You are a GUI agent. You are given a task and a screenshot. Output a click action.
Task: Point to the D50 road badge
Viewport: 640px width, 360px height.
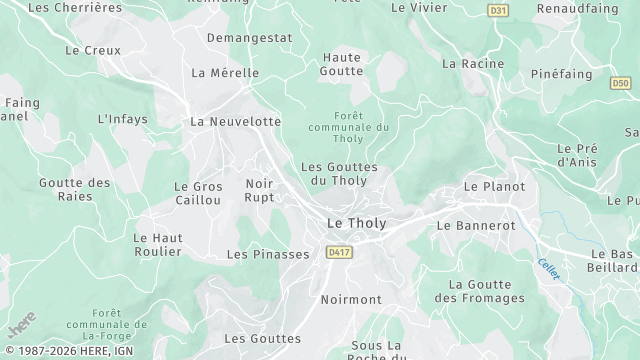click(x=619, y=83)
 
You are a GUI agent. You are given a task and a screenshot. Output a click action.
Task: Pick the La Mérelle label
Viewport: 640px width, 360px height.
click(x=224, y=73)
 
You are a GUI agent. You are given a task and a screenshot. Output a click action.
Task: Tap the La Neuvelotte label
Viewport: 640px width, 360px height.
click(x=236, y=121)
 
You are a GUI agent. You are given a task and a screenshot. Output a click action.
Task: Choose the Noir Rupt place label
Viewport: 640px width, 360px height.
click(x=259, y=190)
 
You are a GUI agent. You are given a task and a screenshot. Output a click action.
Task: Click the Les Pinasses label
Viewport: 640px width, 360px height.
click(x=268, y=255)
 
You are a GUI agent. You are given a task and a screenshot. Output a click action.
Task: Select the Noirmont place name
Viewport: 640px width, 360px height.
click(x=351, y=299)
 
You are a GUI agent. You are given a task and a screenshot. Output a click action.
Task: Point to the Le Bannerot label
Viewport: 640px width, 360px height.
click(x=476, y=226)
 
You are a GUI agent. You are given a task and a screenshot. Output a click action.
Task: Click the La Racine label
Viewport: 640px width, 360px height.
click(x=472, y=63)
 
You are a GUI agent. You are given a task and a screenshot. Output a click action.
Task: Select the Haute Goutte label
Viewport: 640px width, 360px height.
click(x=341, y=64)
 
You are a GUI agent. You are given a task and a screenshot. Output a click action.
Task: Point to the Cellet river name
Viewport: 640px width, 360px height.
click(x=549, y=268)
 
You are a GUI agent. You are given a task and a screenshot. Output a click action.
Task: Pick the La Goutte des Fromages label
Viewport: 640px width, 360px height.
click(x=480, y=291)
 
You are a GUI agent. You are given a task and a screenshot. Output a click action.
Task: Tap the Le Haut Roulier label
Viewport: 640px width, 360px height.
click(x=158, y=245)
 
